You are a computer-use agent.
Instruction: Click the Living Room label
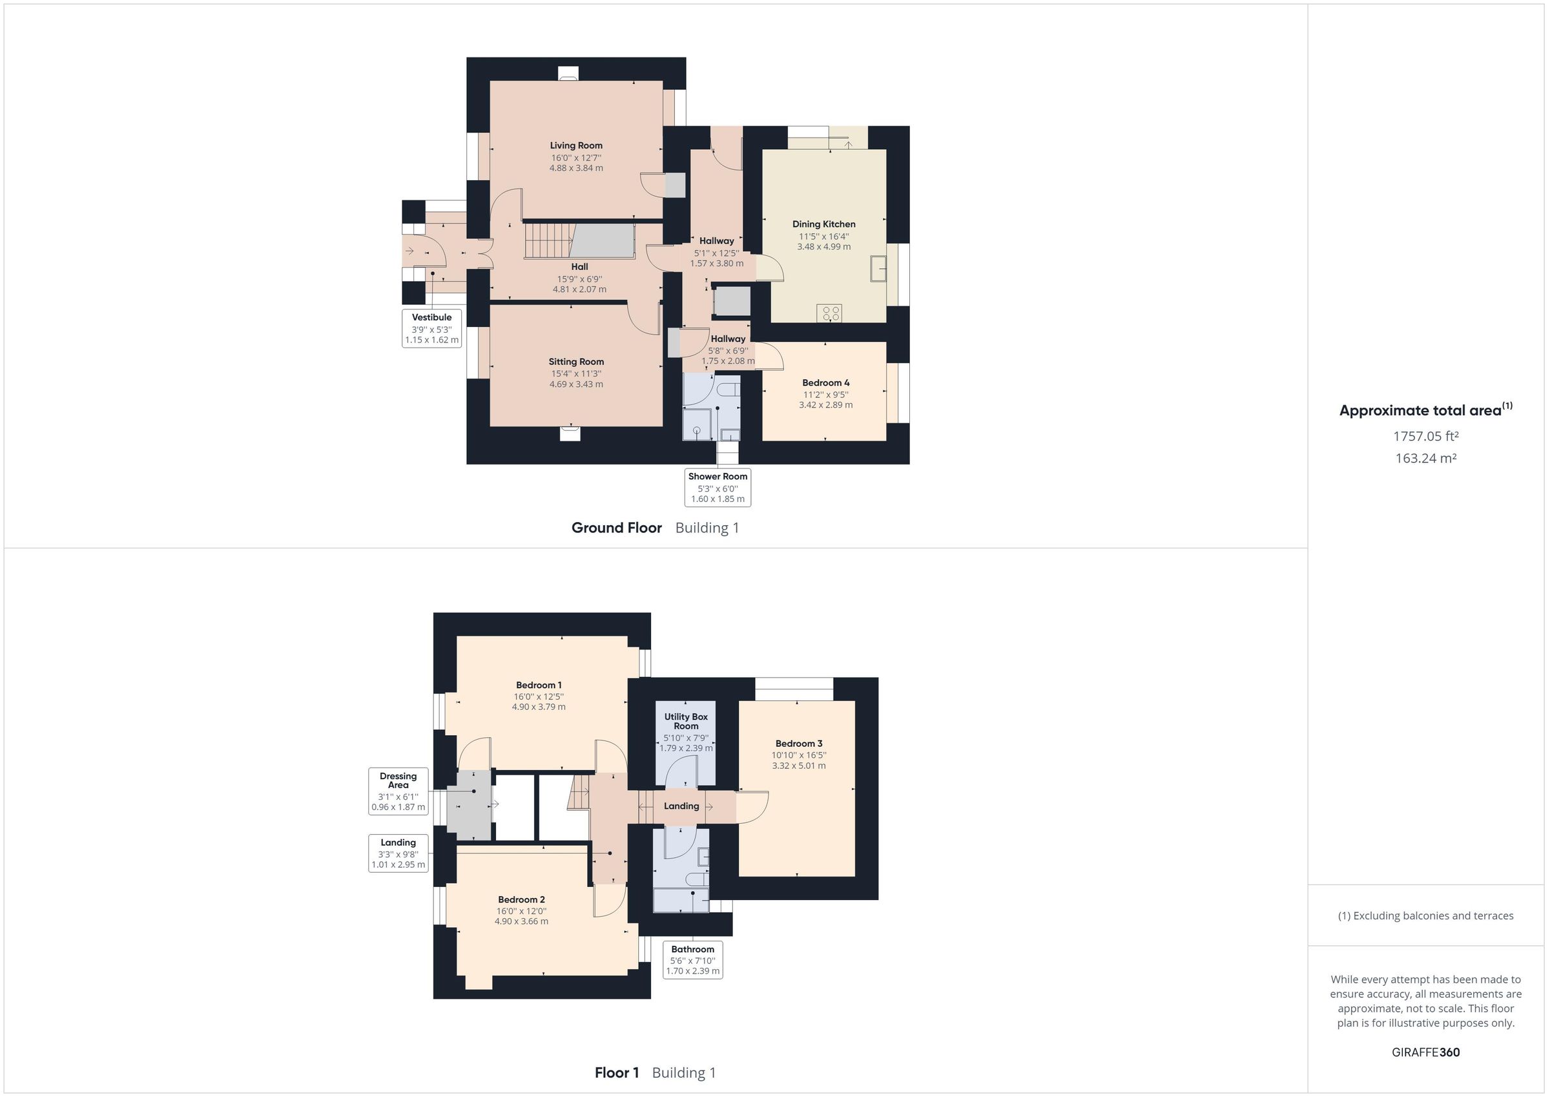click(576, 145)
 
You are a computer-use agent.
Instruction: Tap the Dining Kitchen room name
click(823, 224)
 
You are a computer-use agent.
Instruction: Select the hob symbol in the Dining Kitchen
click(829, 313)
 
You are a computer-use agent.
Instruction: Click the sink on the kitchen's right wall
click(878, 268)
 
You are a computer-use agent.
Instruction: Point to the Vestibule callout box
click(432, 328)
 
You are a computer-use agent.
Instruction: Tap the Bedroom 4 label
click(825, 383)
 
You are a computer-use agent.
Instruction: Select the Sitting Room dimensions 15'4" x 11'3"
click(576, 373)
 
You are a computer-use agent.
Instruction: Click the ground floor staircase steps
click(548, 240)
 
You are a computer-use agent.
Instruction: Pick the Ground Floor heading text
click(616, 528)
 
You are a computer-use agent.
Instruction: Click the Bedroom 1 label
click(539, 685)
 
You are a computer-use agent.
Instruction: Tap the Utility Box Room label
click(686, 722)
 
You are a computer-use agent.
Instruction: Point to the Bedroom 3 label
click(799, 744)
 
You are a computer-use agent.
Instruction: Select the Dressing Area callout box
click(398, 791)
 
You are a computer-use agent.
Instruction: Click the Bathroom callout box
click(692, 960)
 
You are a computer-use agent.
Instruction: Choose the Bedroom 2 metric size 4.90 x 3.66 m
click(521, 921)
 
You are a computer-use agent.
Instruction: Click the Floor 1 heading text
click(616, 1072)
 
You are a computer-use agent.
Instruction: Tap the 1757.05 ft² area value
click(1426, 436)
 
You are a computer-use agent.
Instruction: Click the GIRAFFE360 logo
click(1426, 1052)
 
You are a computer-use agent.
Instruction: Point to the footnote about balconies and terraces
click(1426, 916)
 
